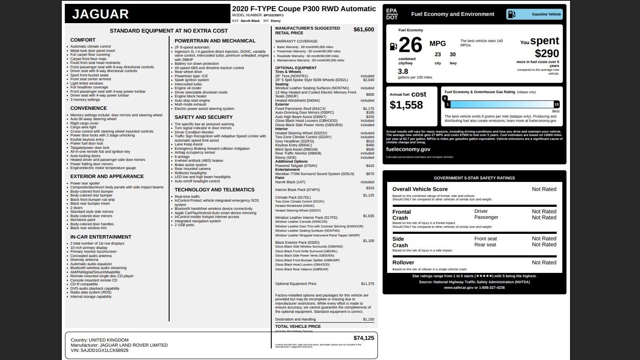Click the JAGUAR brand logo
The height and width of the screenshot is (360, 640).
pos(100,14)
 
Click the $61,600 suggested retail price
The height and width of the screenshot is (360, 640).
pos(364,30)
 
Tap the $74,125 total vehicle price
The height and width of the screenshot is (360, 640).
pos(364,338)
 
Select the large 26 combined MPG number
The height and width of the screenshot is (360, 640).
pos(410,45)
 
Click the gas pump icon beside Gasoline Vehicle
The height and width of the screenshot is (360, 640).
pos(511,14)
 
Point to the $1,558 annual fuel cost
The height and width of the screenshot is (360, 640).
pos(406,105)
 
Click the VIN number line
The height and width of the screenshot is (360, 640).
pos(100,351)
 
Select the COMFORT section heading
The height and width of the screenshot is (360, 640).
pos(83,40)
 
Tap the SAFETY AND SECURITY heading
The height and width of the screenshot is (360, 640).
pos(203,117)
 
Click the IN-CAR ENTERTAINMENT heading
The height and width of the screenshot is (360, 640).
pos(101,237)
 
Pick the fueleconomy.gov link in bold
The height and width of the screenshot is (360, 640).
pos(408,149)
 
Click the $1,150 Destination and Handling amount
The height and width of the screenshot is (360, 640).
pos(368,319)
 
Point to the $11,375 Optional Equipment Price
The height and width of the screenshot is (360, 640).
pos(367,284)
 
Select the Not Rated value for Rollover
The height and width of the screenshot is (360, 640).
pos(544,263)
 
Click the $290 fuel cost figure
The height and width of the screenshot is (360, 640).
pos(547,54)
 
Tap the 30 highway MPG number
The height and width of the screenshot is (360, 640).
pos(452,54)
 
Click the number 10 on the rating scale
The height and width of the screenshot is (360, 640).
pos(556,104)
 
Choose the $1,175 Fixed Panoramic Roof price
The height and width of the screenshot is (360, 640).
pos(368,109)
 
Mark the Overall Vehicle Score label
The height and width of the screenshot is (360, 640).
pos(420,189)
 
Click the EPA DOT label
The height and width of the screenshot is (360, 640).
pos(391,14)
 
